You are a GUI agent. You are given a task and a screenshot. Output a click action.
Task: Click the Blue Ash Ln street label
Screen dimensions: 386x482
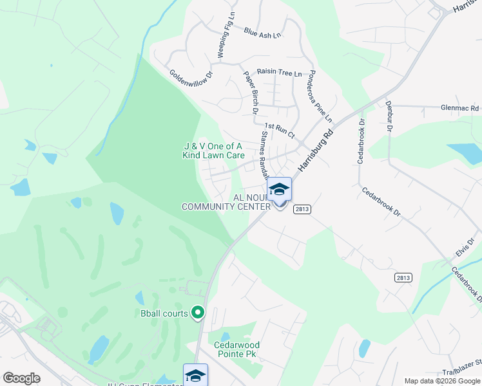(x=263, y=32)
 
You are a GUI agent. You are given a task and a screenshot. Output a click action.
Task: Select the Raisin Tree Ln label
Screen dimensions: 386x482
(x=279, y=73)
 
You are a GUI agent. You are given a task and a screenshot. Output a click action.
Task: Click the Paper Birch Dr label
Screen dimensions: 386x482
(x=251, y=94)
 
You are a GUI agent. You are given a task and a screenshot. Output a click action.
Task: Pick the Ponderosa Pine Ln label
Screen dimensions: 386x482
(x=320, y=96)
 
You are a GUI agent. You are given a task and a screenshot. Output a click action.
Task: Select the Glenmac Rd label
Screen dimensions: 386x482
(x=460, y=109)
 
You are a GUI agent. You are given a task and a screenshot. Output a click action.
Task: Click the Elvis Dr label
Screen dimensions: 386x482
(x=465, y=247)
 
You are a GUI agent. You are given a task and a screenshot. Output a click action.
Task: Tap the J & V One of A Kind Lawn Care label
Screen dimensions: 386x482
(x=213, y=151)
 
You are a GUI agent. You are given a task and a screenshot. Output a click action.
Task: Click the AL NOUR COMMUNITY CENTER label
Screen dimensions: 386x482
(x=226, y=202)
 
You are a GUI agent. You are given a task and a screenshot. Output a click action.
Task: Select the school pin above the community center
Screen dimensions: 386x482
(x=279, y=190)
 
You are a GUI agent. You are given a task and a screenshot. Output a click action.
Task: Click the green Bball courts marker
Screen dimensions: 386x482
(x=198, y=313)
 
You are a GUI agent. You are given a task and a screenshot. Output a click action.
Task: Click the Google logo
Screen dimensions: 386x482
(x=21, y=378)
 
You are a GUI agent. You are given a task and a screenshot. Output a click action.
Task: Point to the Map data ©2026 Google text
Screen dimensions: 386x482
(x=441, y=381)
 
